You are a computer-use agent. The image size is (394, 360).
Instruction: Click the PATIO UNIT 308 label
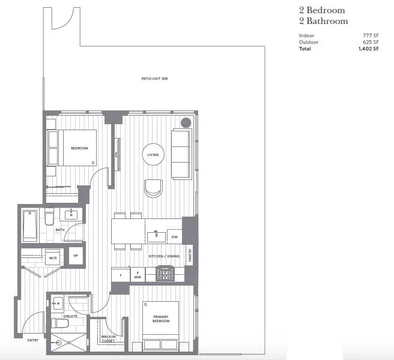click(x=154, y=79)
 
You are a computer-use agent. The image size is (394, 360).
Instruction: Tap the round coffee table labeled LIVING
click(x=153, y=154)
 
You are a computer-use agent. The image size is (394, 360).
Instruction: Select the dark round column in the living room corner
click(x=186, y=122)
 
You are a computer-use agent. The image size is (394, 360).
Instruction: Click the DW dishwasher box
click(x=174, y=237)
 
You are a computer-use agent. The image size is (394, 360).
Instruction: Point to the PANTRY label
click(x=190, y=255)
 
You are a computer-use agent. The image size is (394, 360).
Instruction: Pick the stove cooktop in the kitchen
click(x=165, y=273)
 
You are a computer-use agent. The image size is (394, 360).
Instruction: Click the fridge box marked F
click(x=121, y=275)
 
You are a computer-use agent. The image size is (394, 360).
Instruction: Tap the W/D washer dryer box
click(x=52, y=257)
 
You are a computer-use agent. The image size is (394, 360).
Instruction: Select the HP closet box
click(x=76, y=256)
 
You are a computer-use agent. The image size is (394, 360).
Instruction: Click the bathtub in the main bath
click(x=30, y=226)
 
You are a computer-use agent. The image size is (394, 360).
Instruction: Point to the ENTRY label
click(x=33, y=340)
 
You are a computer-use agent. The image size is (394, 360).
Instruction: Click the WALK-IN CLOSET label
click(x=108, y=338)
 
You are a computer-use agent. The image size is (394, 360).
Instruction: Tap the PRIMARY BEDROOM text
click(x=161, y=319)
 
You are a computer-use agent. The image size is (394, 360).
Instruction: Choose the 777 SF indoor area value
click(x=371, y=35)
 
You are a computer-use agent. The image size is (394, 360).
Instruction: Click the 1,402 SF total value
click(x=368, y=49)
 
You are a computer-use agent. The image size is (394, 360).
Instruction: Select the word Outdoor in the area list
click(x=309, y=42)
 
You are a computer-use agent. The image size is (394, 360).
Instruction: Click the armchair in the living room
click(x=153, y=188)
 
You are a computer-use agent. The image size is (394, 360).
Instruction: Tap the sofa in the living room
click(x=181, y=154)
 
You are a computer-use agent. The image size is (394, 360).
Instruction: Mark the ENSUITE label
click(x=70, y=316)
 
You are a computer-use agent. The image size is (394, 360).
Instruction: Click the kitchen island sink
click(x=156, y=236)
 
